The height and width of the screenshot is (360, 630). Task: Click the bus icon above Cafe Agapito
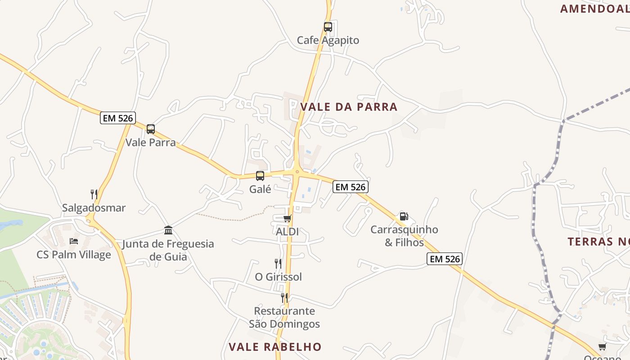pos(328,27)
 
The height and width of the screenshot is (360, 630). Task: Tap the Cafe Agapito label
pos(328,40)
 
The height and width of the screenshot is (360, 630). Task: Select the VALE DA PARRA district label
pos(349,107)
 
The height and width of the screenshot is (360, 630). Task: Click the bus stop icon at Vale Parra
pos(151,129)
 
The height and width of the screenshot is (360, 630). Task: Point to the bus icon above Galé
pos(260,176)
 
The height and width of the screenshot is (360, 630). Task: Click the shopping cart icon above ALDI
pos(287,219)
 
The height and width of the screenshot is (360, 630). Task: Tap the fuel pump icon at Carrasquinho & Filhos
pos(404,216)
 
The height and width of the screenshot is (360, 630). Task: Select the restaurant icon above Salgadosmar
pos(94,194)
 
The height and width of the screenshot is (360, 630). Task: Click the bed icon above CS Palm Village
pos(74,241)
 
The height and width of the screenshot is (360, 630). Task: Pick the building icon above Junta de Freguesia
pos(168,230)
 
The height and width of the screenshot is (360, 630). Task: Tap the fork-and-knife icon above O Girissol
pos(278,263)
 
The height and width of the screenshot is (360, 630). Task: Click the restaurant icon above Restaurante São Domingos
pos(284,297)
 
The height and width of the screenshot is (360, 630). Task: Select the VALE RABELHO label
pos(275,347)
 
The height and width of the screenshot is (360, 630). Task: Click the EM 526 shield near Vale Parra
pos(117,118)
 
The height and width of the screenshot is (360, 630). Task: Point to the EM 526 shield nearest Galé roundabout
pos(351,187)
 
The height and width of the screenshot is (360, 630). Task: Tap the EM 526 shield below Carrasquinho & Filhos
pos(444,259)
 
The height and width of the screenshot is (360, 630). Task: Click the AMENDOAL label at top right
pos(594,9)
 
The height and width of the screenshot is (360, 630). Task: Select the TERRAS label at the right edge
pos(598,242)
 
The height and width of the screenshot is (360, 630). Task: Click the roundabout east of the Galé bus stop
pos(297,171)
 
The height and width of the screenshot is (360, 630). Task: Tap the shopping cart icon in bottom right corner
pos(602,346)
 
